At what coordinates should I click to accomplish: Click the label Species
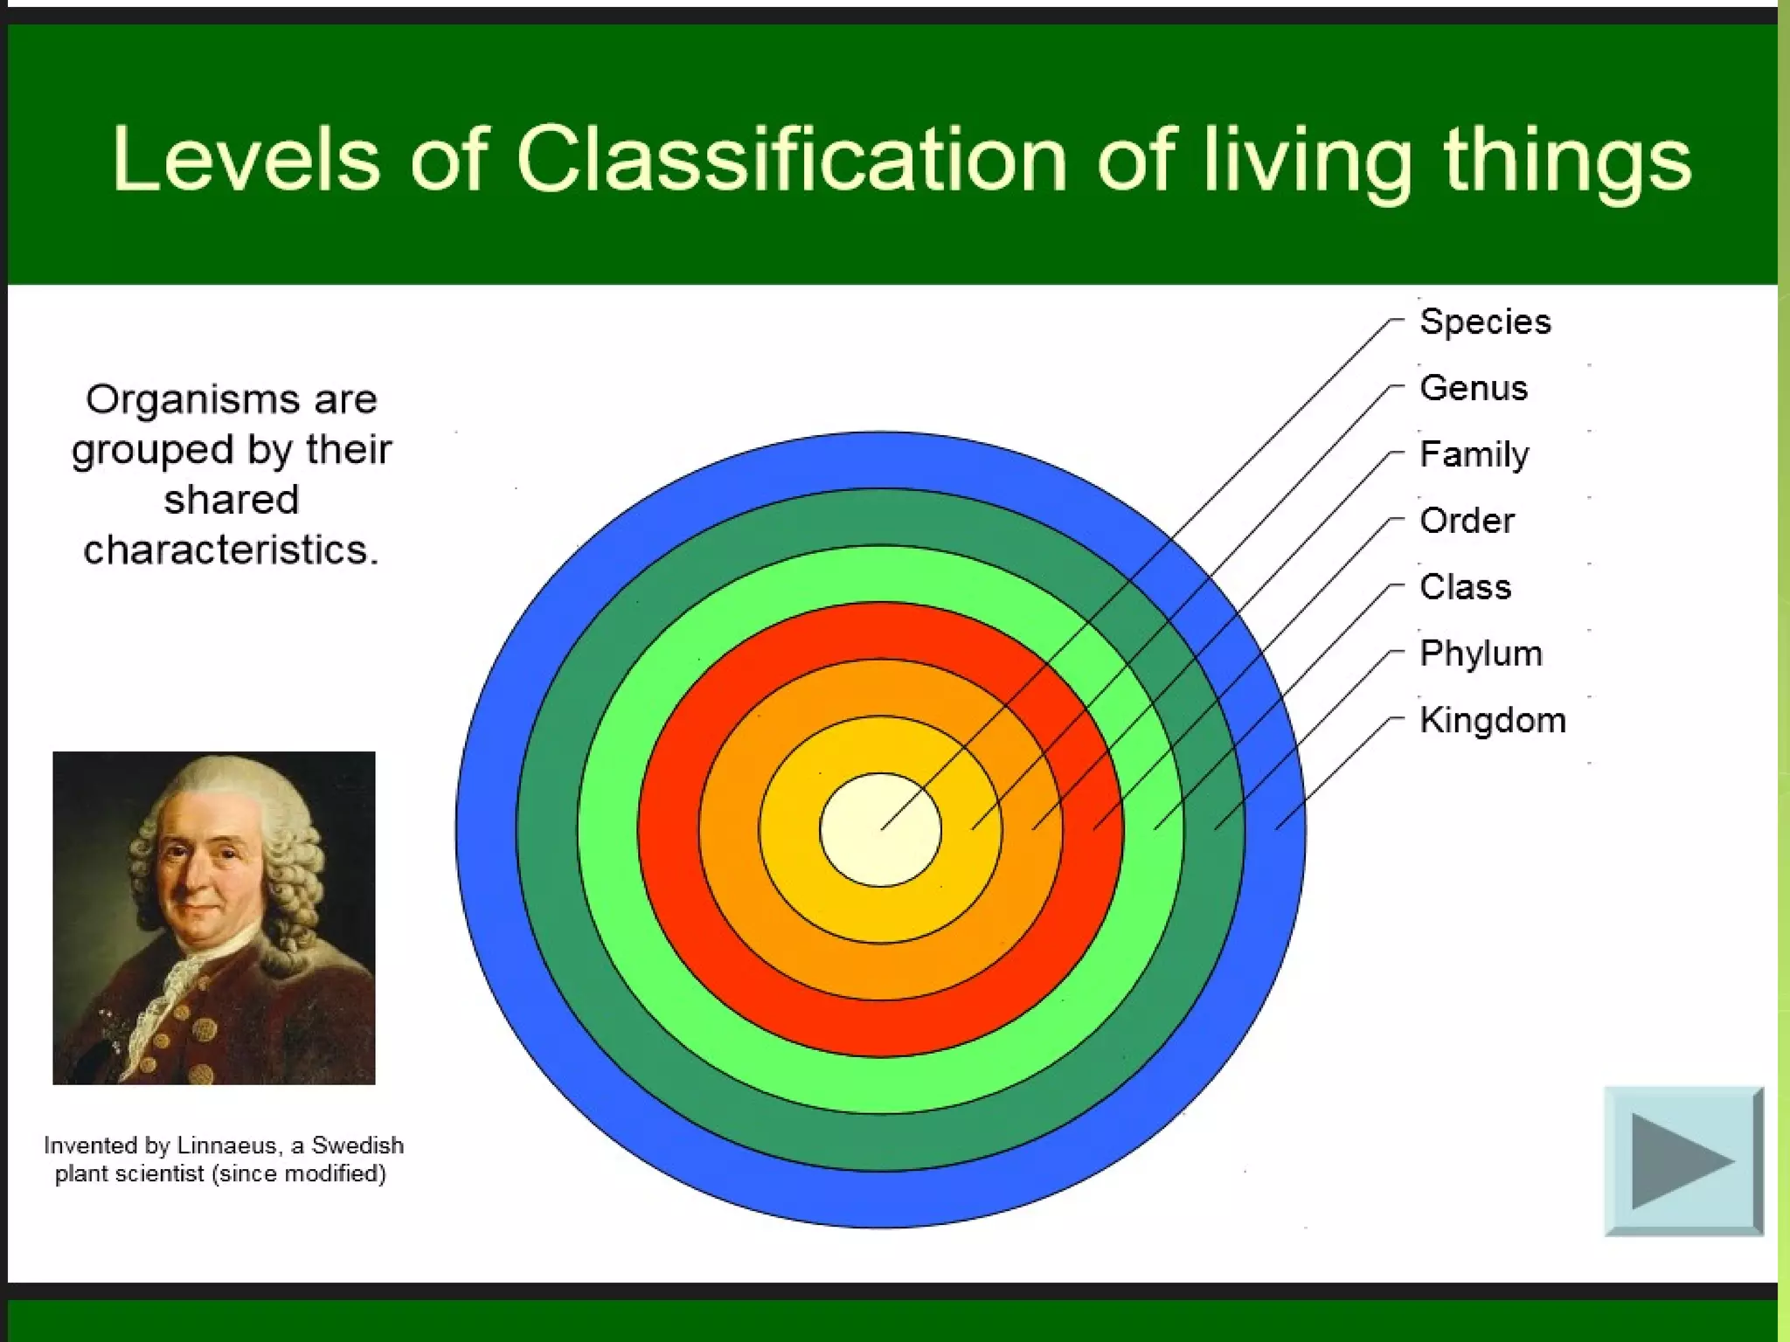point(1485,322)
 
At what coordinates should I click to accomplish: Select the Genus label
point(1474,388)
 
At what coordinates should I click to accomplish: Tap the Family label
point(1474,454)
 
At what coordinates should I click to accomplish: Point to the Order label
point(1467,521)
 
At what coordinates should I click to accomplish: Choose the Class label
point(1465,587)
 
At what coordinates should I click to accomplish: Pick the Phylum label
point(1481,654)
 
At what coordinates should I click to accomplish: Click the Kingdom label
point(1492,720)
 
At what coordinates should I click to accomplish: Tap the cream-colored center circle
point(880,829)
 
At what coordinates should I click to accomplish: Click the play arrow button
point(1682,1161)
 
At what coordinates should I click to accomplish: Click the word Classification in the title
point(791,159)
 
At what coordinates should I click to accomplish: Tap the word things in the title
point(1566,161)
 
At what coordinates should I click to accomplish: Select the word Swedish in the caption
point(357,1145)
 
